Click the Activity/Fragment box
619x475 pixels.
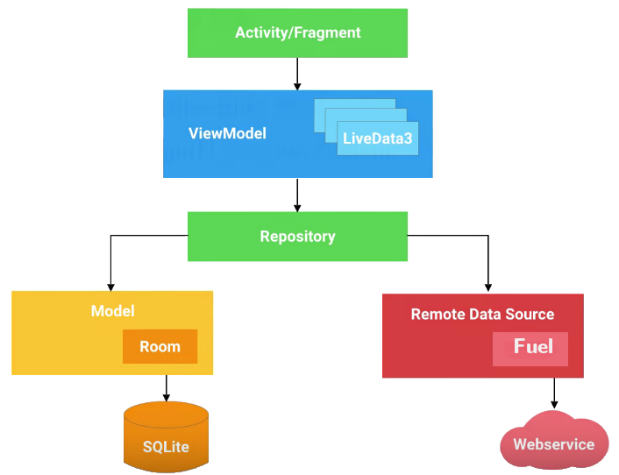[297, 33]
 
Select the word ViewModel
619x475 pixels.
[227, 134]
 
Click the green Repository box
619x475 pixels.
[297, 237]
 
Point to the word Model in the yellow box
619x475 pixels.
[112, 311]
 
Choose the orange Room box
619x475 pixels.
[160, 346]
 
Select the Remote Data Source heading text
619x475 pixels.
[482, 314]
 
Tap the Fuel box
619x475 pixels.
[530, 348]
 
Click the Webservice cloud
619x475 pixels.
[553, 442]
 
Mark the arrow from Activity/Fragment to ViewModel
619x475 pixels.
[297, 74]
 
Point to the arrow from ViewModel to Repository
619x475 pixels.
[297, 195]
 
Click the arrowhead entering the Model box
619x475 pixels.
[110, 286]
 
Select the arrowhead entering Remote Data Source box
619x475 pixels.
[487, 287]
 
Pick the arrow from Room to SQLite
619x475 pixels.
[166, 387]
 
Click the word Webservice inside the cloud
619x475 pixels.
[553, 444]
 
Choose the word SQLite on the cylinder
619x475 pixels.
[166, 448]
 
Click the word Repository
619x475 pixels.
[297, 237]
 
